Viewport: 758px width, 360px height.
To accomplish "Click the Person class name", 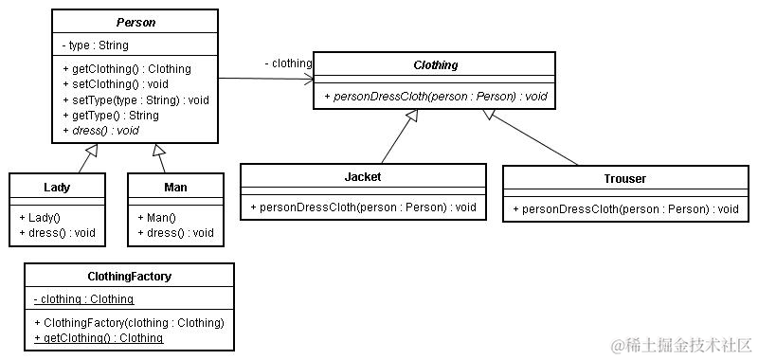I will click(135, 22).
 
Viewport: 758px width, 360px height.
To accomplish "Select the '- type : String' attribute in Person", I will click(95, 45).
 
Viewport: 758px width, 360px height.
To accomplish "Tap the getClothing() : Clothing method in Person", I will click(127, 69).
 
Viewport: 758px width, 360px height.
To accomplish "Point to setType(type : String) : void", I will click(135, 99).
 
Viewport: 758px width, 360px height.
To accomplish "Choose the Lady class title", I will click(57, 188).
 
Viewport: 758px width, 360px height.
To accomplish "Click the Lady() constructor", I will click(39, 217).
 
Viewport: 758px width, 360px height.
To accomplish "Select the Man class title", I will click(175, 188).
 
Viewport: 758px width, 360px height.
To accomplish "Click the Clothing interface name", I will click(435, 65).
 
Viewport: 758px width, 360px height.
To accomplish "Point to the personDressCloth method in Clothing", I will click(435, 97).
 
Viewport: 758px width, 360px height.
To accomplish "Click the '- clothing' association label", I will click(288, 63).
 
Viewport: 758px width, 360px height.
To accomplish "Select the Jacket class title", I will click(363, 177).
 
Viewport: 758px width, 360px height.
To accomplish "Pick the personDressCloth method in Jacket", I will click(363, 207).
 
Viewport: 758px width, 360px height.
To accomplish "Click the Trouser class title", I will click(624, 178).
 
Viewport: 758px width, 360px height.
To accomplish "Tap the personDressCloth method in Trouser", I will click(624, 208).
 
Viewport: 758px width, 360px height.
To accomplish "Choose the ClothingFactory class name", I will click(129, 277).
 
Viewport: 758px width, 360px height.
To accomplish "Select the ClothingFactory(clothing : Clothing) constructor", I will click(129, 323).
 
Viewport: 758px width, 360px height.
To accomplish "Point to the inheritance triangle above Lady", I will click(92, 150).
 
